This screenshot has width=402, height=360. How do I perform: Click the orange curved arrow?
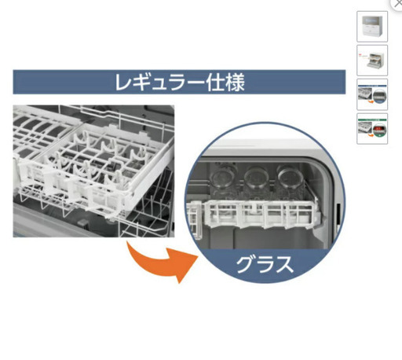tap(163, 265)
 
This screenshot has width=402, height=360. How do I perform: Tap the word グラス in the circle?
tap(265, 264)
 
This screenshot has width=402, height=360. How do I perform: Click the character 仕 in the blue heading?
tap(214, 83)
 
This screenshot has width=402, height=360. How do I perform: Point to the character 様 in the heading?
tap(235, 83)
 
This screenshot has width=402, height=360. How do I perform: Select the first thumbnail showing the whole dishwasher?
tap(372, 27)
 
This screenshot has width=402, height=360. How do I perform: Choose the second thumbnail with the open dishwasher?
tap(372, 61)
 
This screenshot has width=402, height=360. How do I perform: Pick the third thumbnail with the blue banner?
tap(372, 94)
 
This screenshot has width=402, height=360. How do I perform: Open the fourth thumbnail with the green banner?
tap(372, 129)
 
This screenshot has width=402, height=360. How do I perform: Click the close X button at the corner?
tap(397, 4)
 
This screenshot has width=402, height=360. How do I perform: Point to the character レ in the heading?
tap(124, 83)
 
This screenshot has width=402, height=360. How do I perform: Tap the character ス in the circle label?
tap(283, 264)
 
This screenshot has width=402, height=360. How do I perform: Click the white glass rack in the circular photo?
tap(254, 215)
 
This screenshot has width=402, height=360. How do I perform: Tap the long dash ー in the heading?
tap(196, 83)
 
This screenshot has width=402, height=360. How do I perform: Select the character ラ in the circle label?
tap(265, 264)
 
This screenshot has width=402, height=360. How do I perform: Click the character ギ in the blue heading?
tap(142, 83)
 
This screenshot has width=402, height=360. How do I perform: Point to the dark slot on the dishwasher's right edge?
tap(338, 215)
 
